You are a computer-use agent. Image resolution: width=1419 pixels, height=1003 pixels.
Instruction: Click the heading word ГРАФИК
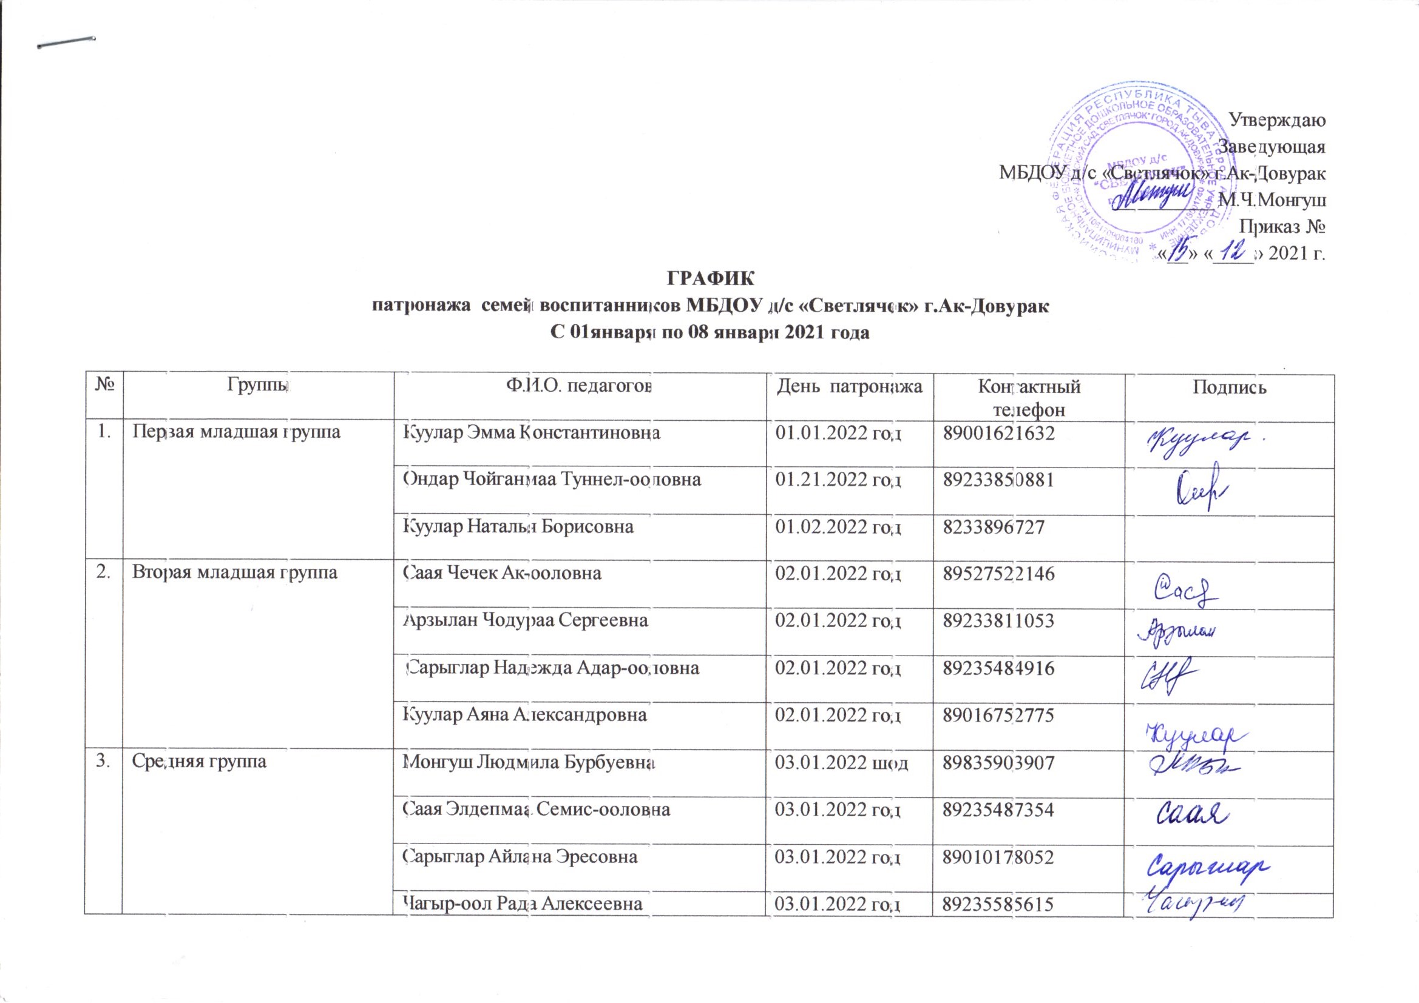pos(709,277)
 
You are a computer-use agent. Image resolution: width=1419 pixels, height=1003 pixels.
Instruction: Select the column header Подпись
pos(1229,387)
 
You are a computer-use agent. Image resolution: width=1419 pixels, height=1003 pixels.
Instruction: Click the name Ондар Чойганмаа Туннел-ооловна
pos(551,479)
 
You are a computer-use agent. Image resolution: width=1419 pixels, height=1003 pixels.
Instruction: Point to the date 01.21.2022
pos(839,479)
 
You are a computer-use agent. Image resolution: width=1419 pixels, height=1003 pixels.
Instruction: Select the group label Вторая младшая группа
pos(235,572)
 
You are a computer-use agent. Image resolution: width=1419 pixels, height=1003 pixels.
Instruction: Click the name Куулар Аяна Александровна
pos(525,714)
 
